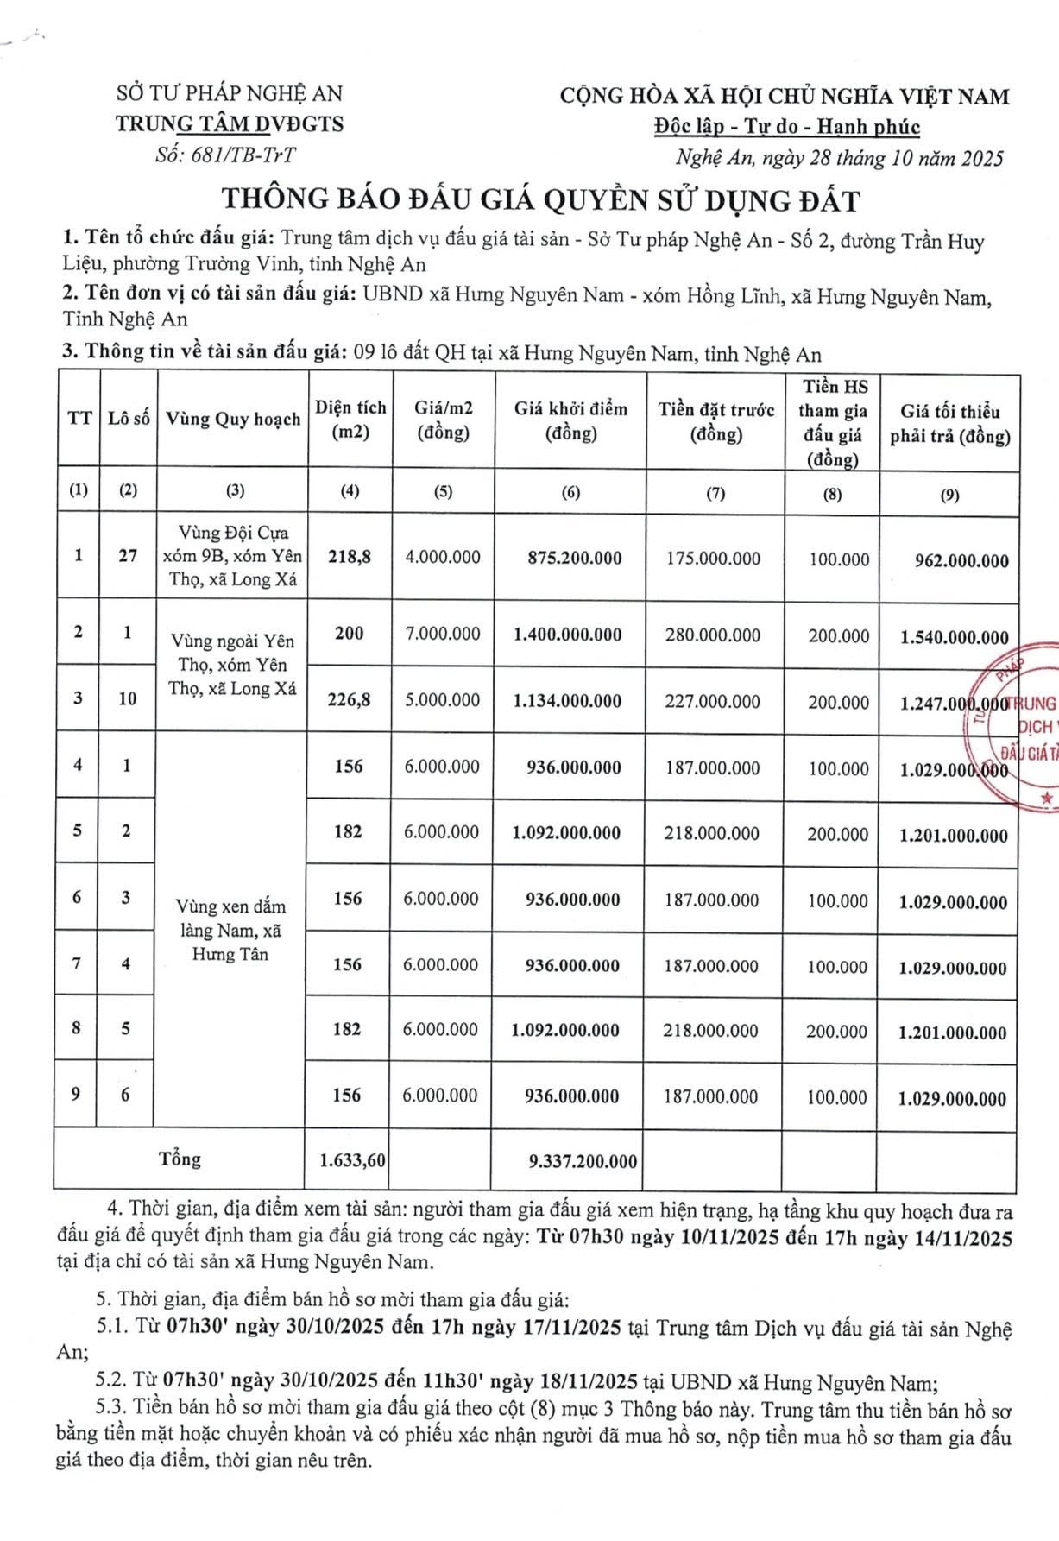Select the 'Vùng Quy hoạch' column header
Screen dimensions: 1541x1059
tap(233, 419)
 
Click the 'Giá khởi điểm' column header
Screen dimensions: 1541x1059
tap(570, 420)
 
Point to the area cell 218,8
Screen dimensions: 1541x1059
tap(350, 557)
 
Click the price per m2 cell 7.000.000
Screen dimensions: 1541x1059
tap(443, 634)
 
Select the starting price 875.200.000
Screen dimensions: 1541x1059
tap(574, 558)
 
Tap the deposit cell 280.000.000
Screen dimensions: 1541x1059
tap(713, 635)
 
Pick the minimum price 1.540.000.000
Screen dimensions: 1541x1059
tap(954, 637)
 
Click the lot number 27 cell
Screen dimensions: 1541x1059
tap(128, 556)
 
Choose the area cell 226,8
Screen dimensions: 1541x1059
tap(349, 699)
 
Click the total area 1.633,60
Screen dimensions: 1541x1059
tap(352, 1160)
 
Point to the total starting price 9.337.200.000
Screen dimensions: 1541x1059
tap(583, 1161)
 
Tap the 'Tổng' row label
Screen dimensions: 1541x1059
tap(180, 1159)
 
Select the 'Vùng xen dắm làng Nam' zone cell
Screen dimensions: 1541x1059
tap(230, 930)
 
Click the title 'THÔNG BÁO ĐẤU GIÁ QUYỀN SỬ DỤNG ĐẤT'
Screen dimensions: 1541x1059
tap(541, 200)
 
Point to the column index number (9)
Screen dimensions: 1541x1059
tap(949, 495)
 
